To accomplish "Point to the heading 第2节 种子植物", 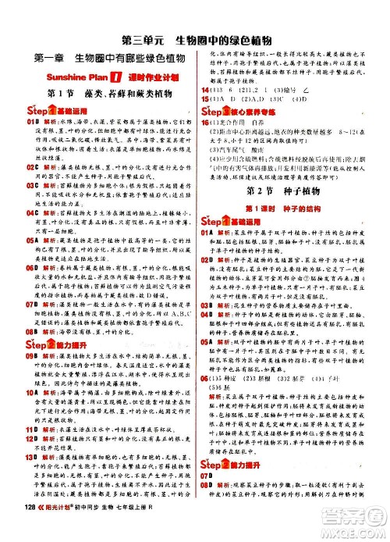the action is pyautogui.click(x=278, y=169).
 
